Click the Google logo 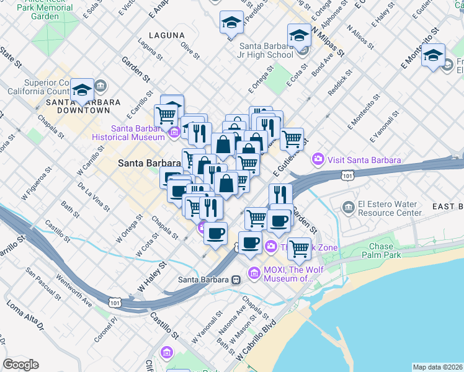pos(20,365)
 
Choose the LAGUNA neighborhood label pos(166,35)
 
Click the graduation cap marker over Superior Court pos(82,90)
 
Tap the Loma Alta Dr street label pos(25,316)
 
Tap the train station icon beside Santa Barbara pos(236,279)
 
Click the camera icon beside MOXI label pos(254,273)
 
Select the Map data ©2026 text pos(438,367)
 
